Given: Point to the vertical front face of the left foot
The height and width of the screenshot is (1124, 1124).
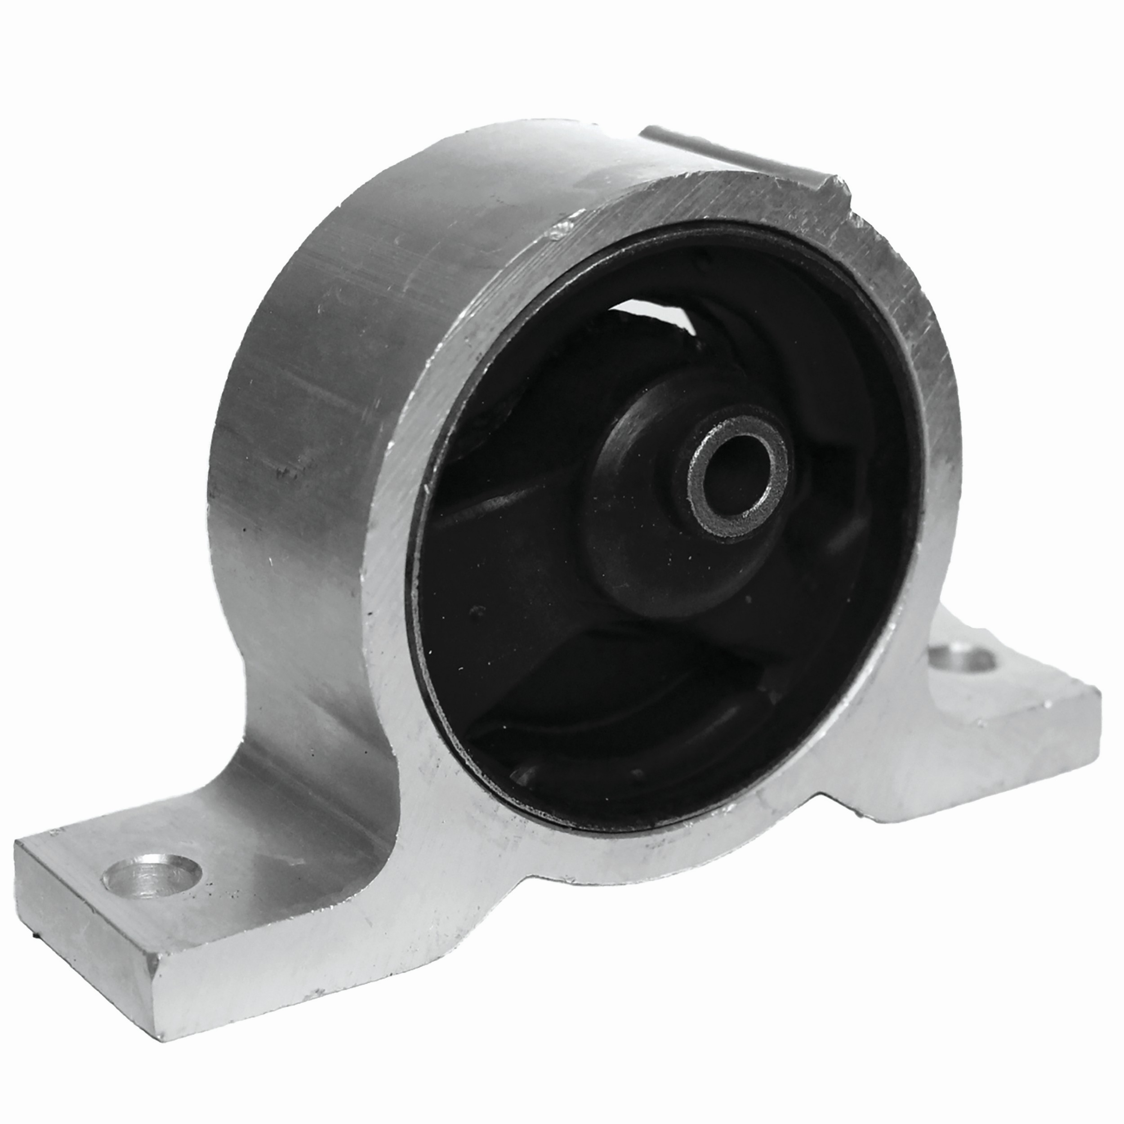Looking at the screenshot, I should click(81, 925).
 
